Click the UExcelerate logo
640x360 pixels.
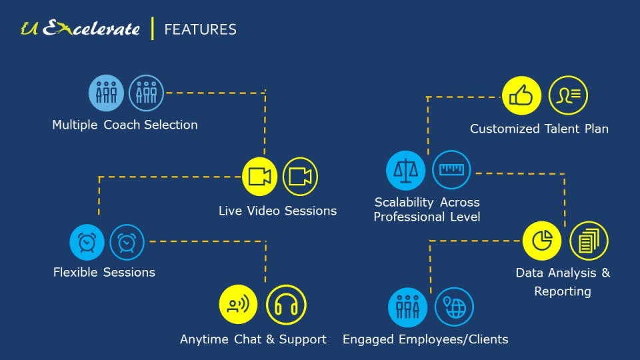[x=80, y=29]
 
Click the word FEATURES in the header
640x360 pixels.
[x=200, y=29]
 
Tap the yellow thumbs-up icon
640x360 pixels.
[x=521, y=96]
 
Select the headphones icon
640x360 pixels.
[x=286, y=305]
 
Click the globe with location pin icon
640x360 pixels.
[x=454, y=307]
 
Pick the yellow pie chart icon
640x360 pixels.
[x=542, y=241]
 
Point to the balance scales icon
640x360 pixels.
[x=405, y=170]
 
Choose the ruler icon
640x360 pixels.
[x=451, y=170]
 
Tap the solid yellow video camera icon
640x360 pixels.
[x=259, y=177]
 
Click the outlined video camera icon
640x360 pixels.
[x=300, y=177]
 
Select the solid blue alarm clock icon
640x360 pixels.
[x=87, y=243]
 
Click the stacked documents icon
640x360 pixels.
[x=589, y=241]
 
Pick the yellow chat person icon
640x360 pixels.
[x=238, y=305]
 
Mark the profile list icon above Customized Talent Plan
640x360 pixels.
[x=568, y=96]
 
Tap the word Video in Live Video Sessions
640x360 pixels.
[x=263, y=211]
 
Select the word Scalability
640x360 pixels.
[x=402, y=202]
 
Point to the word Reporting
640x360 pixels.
[x=563, y=291]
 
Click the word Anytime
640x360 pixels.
[x=205, y=339]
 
